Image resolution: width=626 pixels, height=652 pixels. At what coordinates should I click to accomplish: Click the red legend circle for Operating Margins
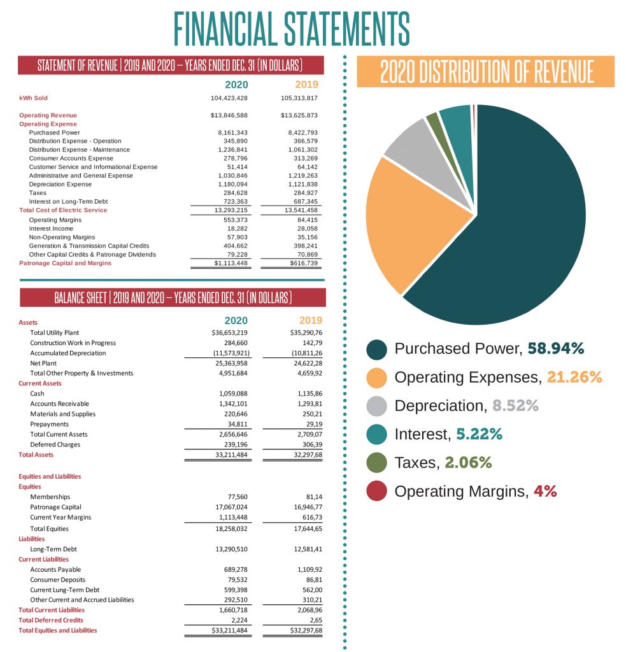tap(377, 492)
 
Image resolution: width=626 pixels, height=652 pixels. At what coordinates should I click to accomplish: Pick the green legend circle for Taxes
tap(377, 463)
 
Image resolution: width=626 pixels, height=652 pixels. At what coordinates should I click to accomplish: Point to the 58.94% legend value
tap(556, 348)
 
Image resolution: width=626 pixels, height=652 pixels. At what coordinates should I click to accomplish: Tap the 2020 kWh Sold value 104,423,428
tap(229, 98)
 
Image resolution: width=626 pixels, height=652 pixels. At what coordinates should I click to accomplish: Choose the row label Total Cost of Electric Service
tap(63, 210)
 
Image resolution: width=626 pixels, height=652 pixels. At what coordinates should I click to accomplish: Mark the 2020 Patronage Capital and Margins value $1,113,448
tap(231, 263)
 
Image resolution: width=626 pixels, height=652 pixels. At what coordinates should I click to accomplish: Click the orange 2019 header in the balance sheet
tap(311, 320)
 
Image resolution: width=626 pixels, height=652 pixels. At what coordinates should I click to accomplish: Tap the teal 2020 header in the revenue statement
tap(236, 84)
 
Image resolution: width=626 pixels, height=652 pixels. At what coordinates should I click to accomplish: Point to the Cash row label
tap(37, 393)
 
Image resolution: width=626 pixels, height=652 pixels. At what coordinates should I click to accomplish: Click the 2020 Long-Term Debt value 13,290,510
tap(232, 549)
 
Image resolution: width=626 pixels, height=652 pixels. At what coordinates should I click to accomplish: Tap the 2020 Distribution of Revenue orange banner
tap(487, 71)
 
